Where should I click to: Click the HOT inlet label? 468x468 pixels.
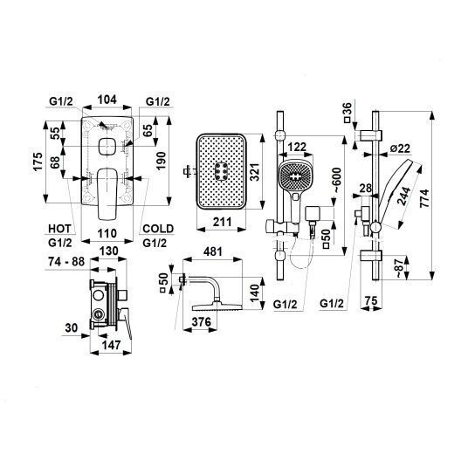pyautogui.click(x=59, y=229)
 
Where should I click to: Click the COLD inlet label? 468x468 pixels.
pyautogui.click(x=158, y=229)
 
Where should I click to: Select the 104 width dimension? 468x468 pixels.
pyautogui.click(x=107, y=100)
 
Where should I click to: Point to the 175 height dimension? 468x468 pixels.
pyautogui.click(x=38, y=162)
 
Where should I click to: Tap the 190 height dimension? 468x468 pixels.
pyautogui.click(x=161, y=161)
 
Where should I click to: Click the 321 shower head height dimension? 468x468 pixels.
pyautogui.click(x=255, y=172)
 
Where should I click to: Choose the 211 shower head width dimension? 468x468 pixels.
pyautogui.click(x=222, y=222)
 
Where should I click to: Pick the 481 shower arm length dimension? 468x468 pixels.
pyautogui.click(x=212, y=251)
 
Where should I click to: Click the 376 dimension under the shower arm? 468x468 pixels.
pyautogui.click(x=201, y=321)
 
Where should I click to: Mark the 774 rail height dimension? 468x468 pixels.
pyautogui.click(x=424, y=198)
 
